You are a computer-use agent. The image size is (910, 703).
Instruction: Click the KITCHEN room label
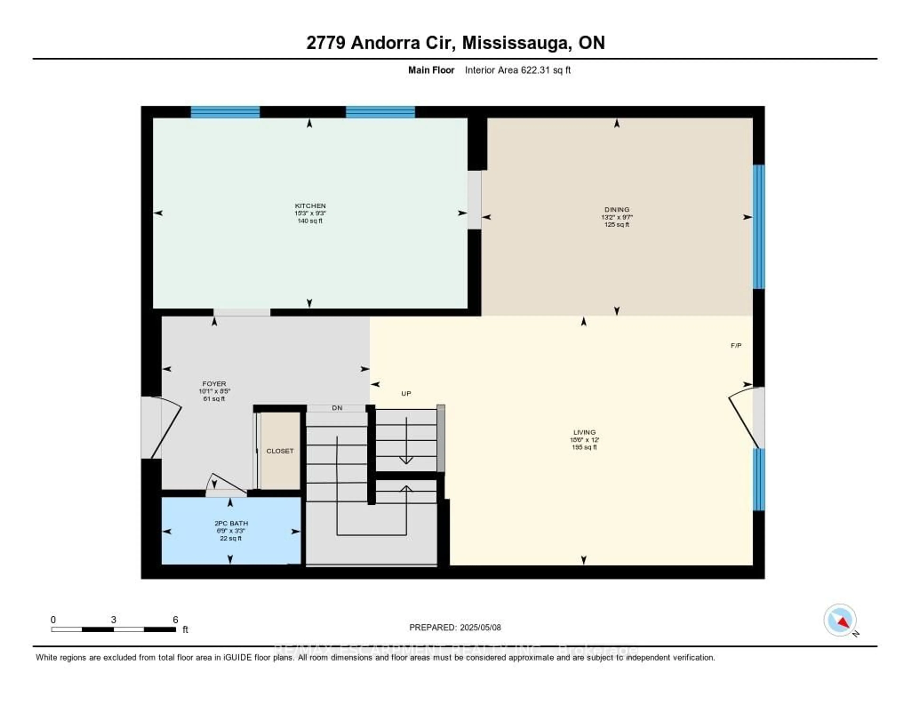310,206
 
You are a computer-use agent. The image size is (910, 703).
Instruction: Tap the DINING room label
617,210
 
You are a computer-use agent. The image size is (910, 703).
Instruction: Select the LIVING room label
584,432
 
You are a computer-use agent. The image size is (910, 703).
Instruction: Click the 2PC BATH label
231,523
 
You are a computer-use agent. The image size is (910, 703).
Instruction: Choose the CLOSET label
280,451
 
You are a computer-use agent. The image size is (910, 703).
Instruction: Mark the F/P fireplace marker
736,346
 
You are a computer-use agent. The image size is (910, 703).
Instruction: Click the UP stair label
406,393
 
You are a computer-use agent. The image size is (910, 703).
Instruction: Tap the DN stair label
337,408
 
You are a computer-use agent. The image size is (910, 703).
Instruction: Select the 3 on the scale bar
113,619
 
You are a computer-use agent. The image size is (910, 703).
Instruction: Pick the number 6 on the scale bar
175,619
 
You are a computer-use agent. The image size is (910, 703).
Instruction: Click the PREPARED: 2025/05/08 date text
455,627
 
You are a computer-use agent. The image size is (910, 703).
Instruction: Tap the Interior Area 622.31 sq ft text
518,70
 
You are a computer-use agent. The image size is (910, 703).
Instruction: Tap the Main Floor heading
431,70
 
